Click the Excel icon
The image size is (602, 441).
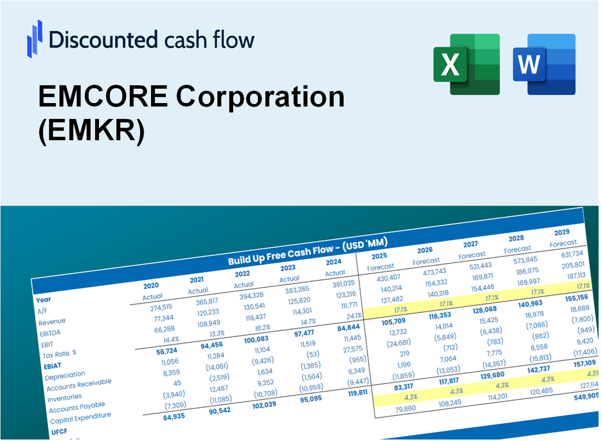(x=466, y=64)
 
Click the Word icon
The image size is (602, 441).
(x=544, y=64)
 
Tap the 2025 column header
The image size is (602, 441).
(x=379, y=256)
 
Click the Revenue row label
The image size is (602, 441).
(x=52, y=322)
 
